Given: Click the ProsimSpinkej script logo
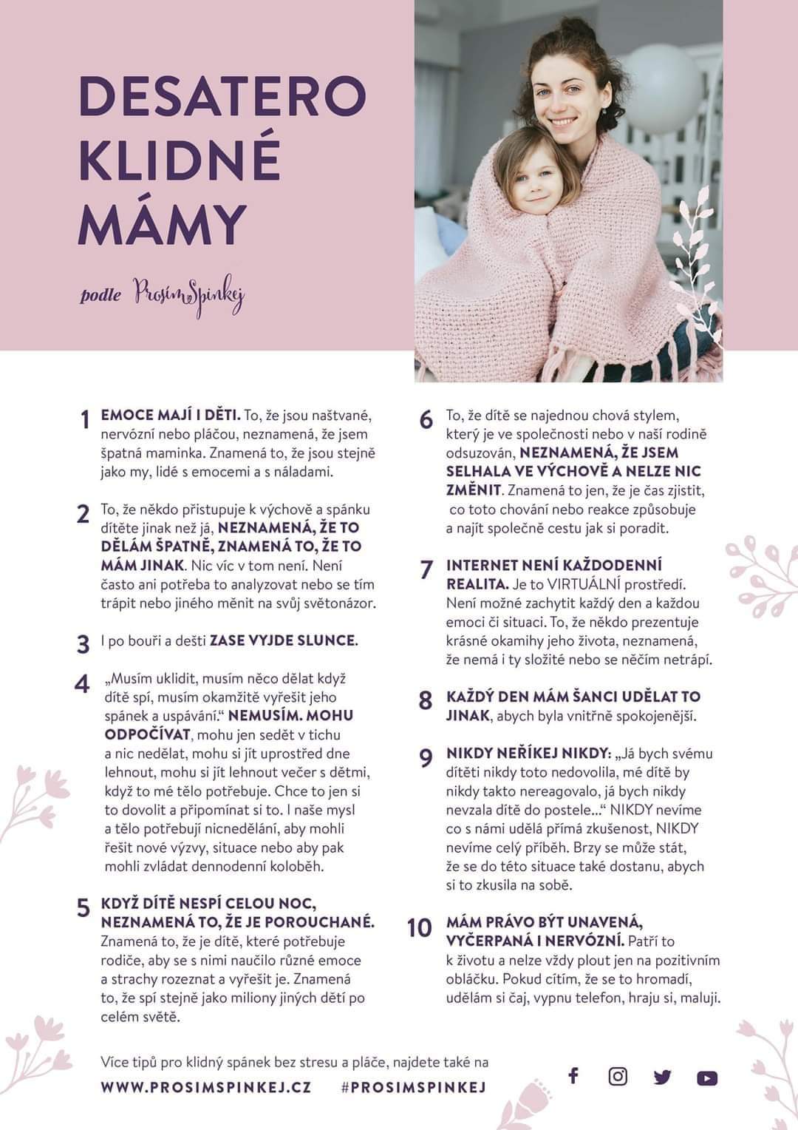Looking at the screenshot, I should (x=189, y=296).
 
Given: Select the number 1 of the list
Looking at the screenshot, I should (x=85, y=419).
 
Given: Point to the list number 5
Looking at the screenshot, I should (x=83, y=908).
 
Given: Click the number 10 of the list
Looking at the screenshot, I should (x=419, y=927).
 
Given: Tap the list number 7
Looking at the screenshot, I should (x=426, y=569).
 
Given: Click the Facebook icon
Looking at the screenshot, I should (x=573, y=1075).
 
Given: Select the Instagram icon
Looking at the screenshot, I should (x=618, y=1076).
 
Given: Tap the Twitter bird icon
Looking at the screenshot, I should (x=662, y=1077).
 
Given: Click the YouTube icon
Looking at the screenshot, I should (x=707, y=1078).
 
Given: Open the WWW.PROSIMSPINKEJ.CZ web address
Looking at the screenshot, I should (x=206, y=1087).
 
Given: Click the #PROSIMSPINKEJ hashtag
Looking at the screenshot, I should (x=413, y=1087).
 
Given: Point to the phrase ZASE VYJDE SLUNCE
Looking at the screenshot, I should (x=284, y=640).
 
